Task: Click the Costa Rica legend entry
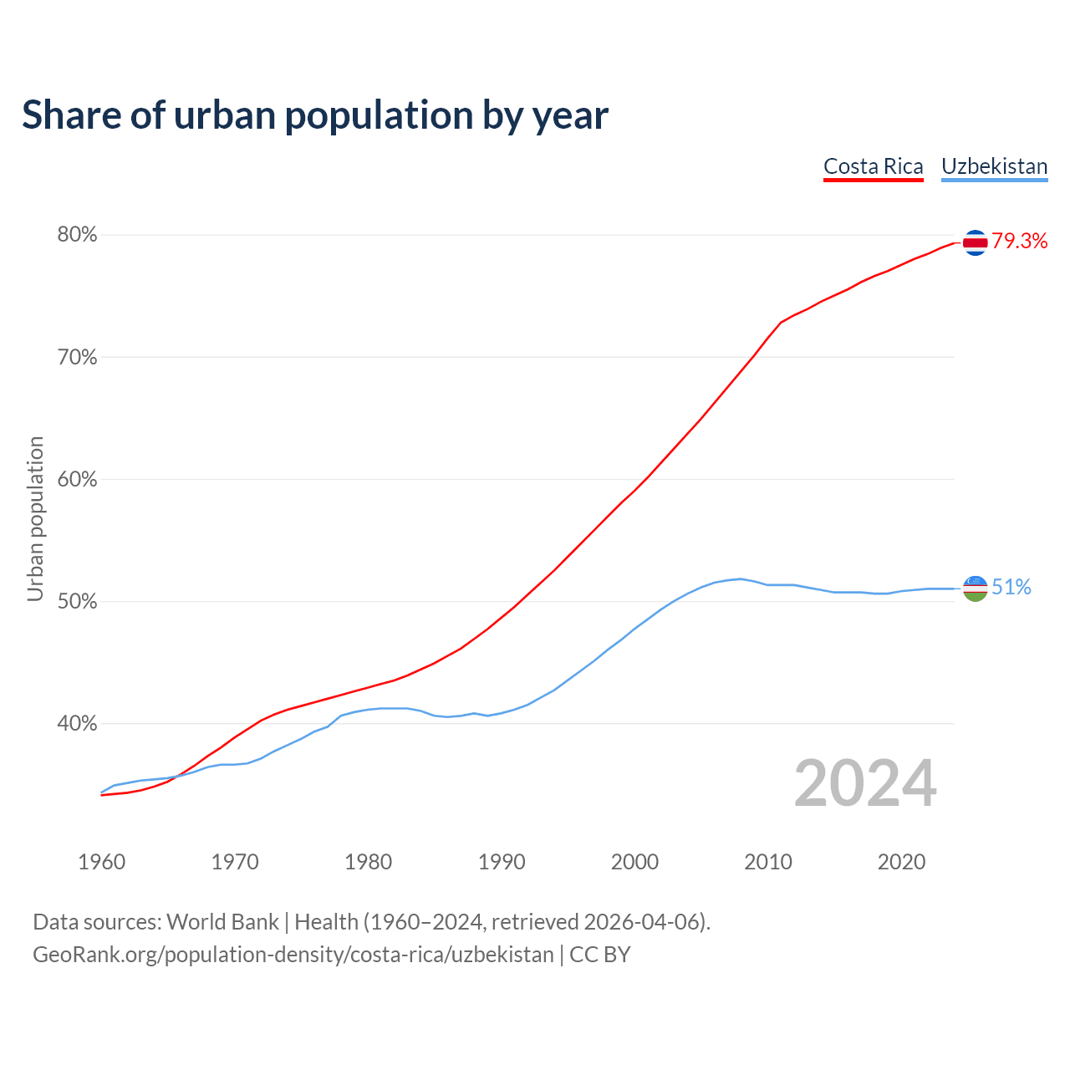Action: coord(873,166)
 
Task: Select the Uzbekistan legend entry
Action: coord(994,166)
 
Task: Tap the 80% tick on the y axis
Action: coord(77,235)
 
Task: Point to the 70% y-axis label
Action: coord(77,358)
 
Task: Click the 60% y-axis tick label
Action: coord(77,480)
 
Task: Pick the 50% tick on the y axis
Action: coord(77,602)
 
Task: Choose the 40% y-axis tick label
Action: coord(77,724)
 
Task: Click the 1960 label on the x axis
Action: coord(101,862)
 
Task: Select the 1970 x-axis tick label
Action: coord(235,862)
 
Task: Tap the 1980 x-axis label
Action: coord(368,862)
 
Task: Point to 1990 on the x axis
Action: coord(502,862)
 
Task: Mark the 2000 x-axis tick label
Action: coord(634,862)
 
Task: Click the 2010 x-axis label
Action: coord(768,862)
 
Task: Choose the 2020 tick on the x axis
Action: coord(901,862)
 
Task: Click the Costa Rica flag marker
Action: coord(975,242)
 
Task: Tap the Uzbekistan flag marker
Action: coord(975,588)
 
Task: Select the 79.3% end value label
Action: coord(1019,242)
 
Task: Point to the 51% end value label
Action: coord(1011,588)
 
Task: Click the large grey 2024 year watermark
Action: coord(864,783)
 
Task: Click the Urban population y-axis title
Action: coord(35,518)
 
